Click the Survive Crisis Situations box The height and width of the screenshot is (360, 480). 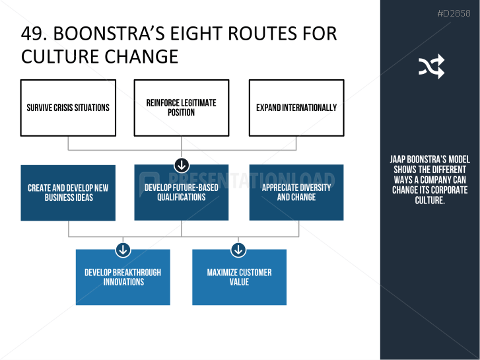pyautogui.click(x=68, y=108)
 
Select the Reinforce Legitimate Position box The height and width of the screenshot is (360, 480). pyautogui.click(x=182, y=108)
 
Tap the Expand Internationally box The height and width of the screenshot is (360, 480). pyautogui.click(x=296, y=108)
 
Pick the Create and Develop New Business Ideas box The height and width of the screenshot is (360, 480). pyautogui.click(x=68, y=193)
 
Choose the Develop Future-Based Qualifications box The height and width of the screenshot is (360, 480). pyautogui.click(x=182, y=192)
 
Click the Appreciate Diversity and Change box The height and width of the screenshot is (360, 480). pyautogui.click(x=296, y=192)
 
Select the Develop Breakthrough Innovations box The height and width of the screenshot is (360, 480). pyautogui.click(x=123, y=277)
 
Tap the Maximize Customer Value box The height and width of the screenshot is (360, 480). pyautogui.click(x=240, y=277)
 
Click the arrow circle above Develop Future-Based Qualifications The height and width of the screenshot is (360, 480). pyautogui.click(x=182, y=165)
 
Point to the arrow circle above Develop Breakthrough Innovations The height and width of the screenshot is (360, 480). pyautogui.click(x=123, y=250)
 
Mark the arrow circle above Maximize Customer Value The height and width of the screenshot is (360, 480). pyautogui.click(x=238, y=250)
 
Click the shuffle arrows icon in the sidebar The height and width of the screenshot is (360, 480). pyautogui.click(x=431, y=66)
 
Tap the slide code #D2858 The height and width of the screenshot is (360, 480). pyautogui.click(x=454, y=13)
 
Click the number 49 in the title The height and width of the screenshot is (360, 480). pyautogui.click(x=30, y=34)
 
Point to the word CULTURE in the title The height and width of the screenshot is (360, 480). pyautogui.click(x=58, y=57)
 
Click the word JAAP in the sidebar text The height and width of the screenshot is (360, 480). pyautogui.click(x=397, y=159)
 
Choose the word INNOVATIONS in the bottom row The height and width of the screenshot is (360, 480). pyautogui.click(x=123, y=282)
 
